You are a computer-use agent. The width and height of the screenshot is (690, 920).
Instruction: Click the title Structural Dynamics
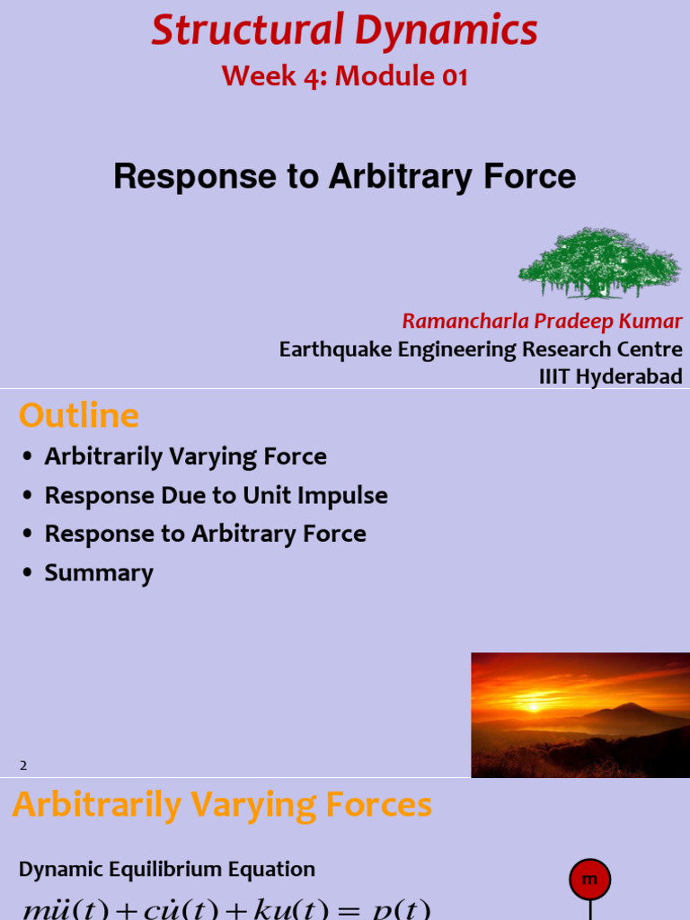(x=345, y=31)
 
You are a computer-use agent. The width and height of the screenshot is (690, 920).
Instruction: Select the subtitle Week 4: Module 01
(x=345, y=77)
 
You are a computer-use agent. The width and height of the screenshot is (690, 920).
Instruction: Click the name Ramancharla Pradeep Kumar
(x=542, y=322)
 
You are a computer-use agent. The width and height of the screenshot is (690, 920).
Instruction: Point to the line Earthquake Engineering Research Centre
(x=481, y=349)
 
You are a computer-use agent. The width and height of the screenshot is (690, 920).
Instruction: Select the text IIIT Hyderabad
(x=610, y=376)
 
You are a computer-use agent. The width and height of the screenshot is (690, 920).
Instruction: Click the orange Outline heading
(x=79, y=416)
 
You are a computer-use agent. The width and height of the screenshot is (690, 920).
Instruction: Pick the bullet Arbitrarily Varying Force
(x=185, y=456)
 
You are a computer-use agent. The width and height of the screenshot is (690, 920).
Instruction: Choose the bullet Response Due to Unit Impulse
(x=216, y=495)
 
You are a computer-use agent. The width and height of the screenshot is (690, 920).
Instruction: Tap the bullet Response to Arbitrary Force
(x=205, y=534)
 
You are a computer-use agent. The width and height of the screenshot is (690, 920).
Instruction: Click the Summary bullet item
(x=99, y=573)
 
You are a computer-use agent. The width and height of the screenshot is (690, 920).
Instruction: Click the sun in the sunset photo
(x=535, y=706)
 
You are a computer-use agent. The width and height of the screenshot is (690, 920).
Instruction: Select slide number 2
(x=24, y=765)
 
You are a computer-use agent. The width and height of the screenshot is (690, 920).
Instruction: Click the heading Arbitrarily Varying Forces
(x=222, y=805)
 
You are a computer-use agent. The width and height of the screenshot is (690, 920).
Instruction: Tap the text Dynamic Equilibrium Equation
(x=167, y=870)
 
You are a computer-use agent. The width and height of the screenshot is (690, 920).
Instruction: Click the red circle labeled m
(x=589, y=880)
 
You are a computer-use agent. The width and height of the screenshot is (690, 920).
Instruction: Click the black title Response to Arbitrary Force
(x=345, y=176)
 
